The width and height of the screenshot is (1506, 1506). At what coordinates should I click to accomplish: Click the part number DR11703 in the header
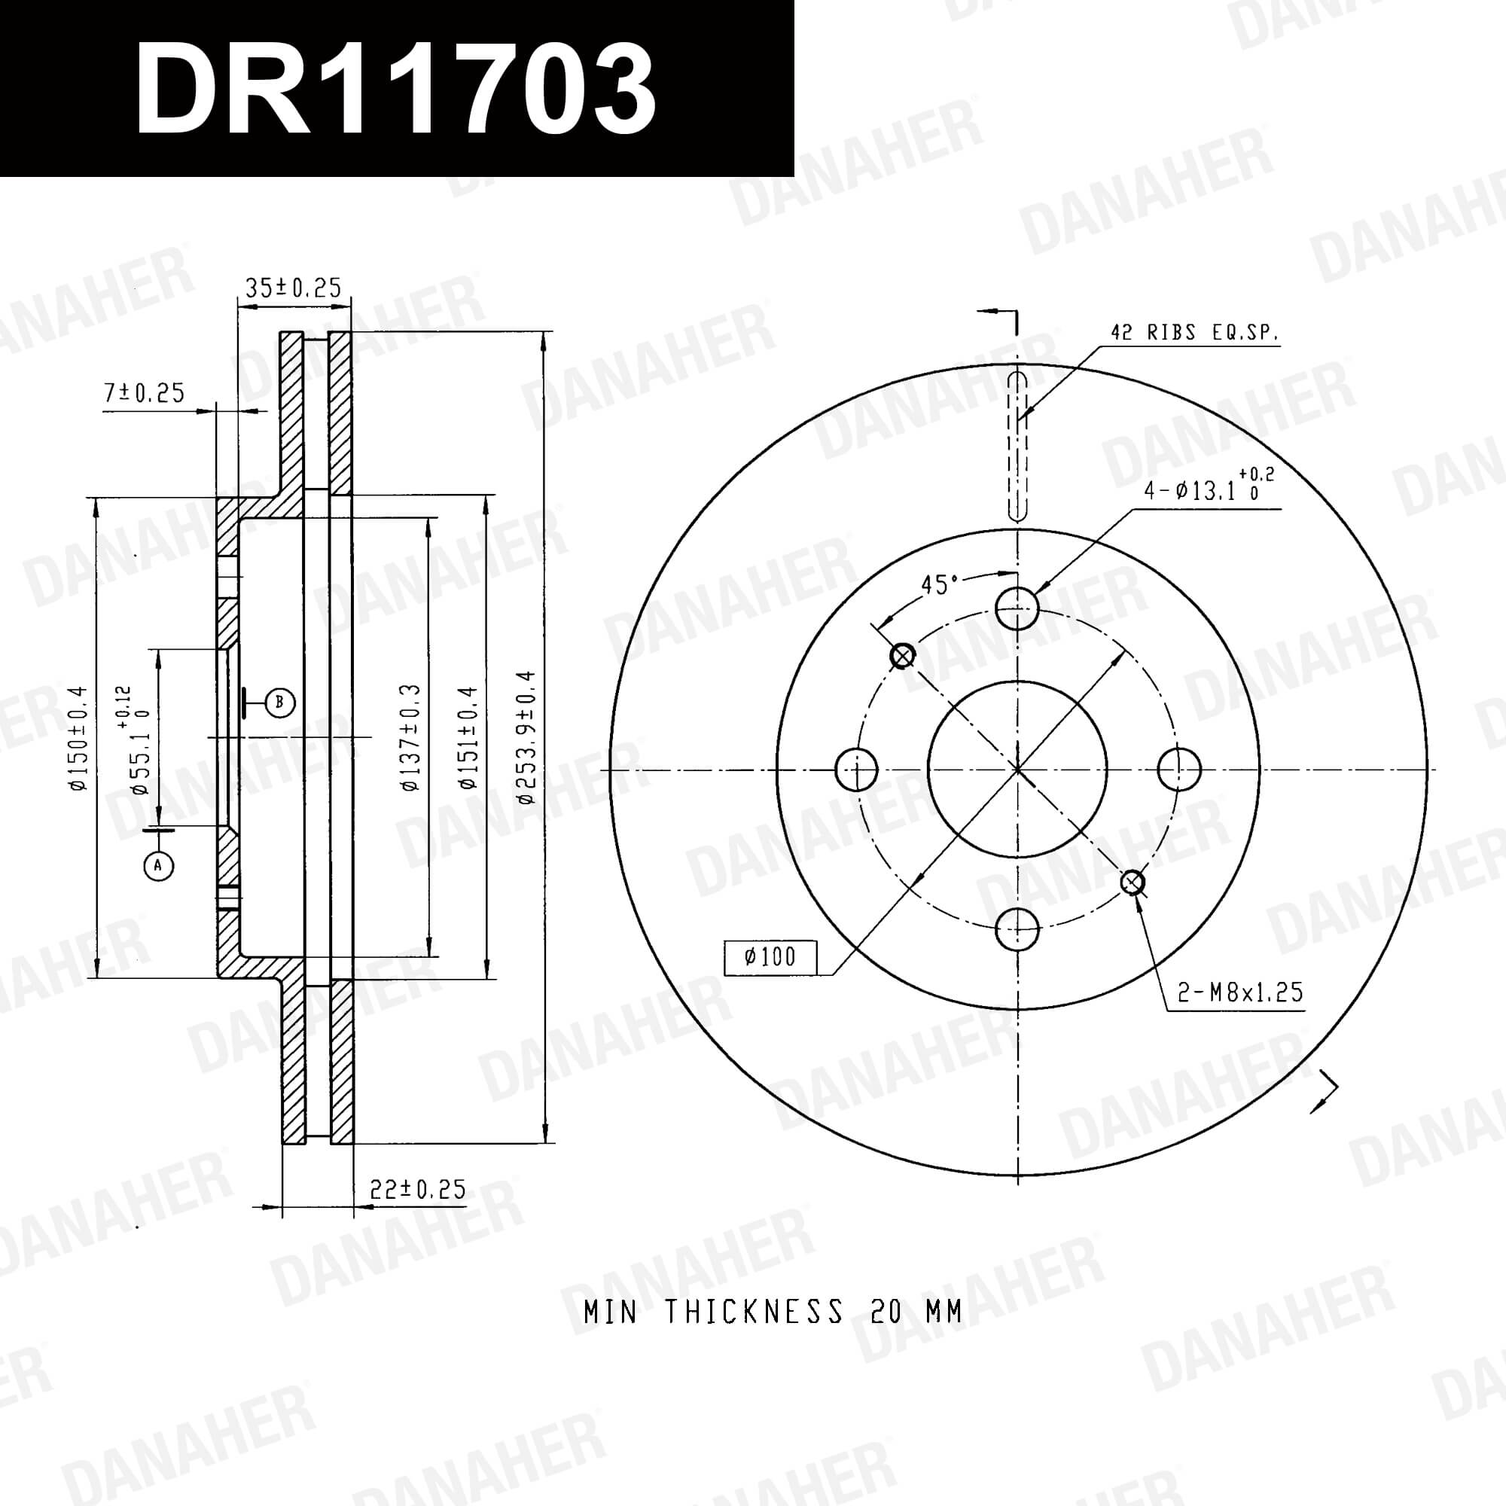395,87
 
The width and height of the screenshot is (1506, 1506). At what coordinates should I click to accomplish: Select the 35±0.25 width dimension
293,288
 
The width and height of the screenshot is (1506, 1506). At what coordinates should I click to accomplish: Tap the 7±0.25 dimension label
145,393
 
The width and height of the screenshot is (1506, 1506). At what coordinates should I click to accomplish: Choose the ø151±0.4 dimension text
467,738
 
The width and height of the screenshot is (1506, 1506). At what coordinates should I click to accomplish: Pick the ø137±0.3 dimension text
411,738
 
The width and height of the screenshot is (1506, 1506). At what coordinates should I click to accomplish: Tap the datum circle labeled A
158,864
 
